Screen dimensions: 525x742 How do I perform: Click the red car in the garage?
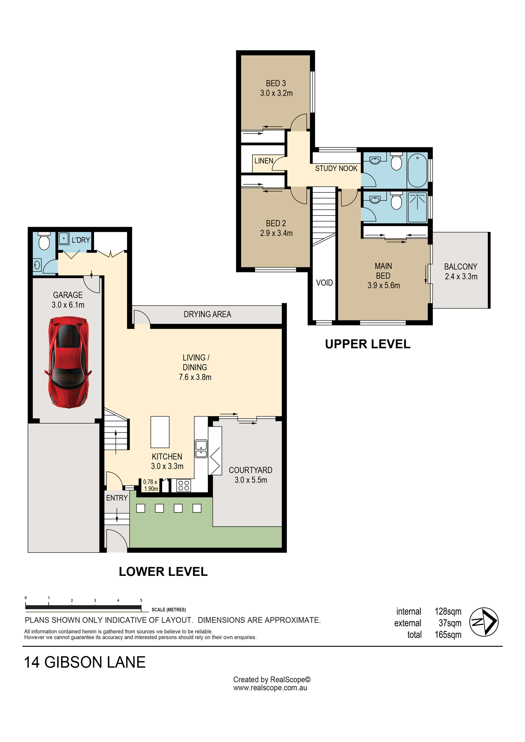(68, 362)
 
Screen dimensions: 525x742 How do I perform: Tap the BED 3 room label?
(276, 83)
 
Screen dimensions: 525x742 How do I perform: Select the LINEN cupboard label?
(264, 161)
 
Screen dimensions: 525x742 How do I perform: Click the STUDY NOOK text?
(336, 168)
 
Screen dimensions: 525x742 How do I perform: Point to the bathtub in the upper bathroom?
(418, 170)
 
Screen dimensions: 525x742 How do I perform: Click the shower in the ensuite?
(418, 207)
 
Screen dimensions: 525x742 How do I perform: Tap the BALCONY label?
(461, 267)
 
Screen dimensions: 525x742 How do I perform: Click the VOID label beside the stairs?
(324, 283)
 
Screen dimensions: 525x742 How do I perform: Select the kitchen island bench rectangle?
(160, 432)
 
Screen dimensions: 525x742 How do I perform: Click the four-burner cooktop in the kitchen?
(184, 485)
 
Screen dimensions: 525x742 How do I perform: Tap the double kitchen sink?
(201, 449)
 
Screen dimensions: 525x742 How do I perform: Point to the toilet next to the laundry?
(44, 242)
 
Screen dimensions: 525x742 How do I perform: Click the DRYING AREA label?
(207, 314)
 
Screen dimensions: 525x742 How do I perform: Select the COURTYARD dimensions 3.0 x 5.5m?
(251, 480)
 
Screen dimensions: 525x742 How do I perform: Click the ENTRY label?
(117, 498)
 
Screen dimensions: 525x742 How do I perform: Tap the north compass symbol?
(484, 622)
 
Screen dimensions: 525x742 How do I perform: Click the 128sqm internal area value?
(448, 611)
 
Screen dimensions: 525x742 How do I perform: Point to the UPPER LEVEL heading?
(368, 344)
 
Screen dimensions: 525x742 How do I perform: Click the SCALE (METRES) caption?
(169, 610)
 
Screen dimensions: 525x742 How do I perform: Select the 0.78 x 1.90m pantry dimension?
(151, 485)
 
